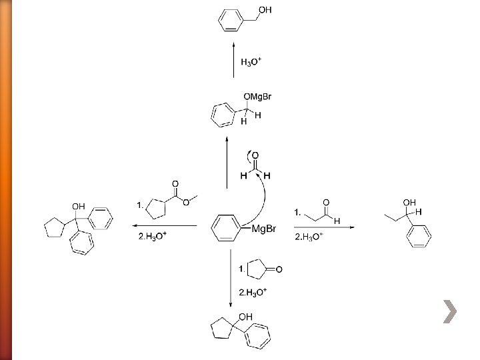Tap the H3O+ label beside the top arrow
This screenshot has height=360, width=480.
pyautogui.click(x=251, y=62)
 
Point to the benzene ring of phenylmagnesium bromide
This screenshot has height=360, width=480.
pyautogui.click(x=224, y=229)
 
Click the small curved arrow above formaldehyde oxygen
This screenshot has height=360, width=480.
pyautogui.click(x=250, y=157)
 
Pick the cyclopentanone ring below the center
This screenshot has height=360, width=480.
pyautogui.click(x=256, y=269)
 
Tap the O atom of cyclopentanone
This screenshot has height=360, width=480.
pyautogui.click(x=279, y=269)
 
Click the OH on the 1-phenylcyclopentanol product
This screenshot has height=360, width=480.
pyautogui.click(x=246, y=317)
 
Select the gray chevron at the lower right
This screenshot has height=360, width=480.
pyautogui.click(x=451, y=311)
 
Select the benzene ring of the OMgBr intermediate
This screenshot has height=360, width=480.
pyautogui.click(x=221, y=115)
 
